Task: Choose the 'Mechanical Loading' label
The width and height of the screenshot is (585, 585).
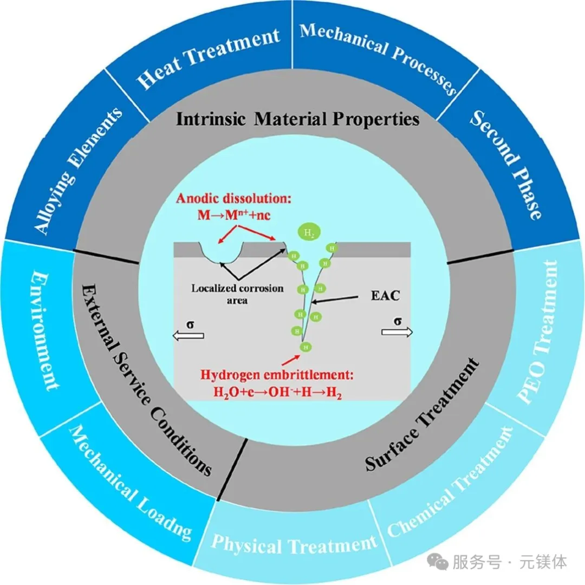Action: coord(131,484)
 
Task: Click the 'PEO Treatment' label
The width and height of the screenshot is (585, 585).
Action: coord(538,331)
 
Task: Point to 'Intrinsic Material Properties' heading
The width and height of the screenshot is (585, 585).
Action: coord(298,119)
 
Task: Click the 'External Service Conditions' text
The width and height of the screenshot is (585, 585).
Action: coord(146,380)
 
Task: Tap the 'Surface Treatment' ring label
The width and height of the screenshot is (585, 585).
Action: coord(421,414)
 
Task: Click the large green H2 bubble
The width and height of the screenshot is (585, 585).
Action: coord(309,233)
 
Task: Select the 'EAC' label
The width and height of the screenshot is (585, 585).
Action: coord(386,296)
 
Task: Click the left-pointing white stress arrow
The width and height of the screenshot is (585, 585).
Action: coord(188,335)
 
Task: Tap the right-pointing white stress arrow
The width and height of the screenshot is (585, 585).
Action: coord(397,331)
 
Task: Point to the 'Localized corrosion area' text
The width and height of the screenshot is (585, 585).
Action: coord(237,294)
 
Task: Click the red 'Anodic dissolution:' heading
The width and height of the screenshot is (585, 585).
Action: coord(233,198)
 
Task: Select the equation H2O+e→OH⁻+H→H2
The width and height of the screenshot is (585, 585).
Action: coord(277,392)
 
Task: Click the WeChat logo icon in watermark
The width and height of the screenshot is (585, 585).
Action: coord(437,562)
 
